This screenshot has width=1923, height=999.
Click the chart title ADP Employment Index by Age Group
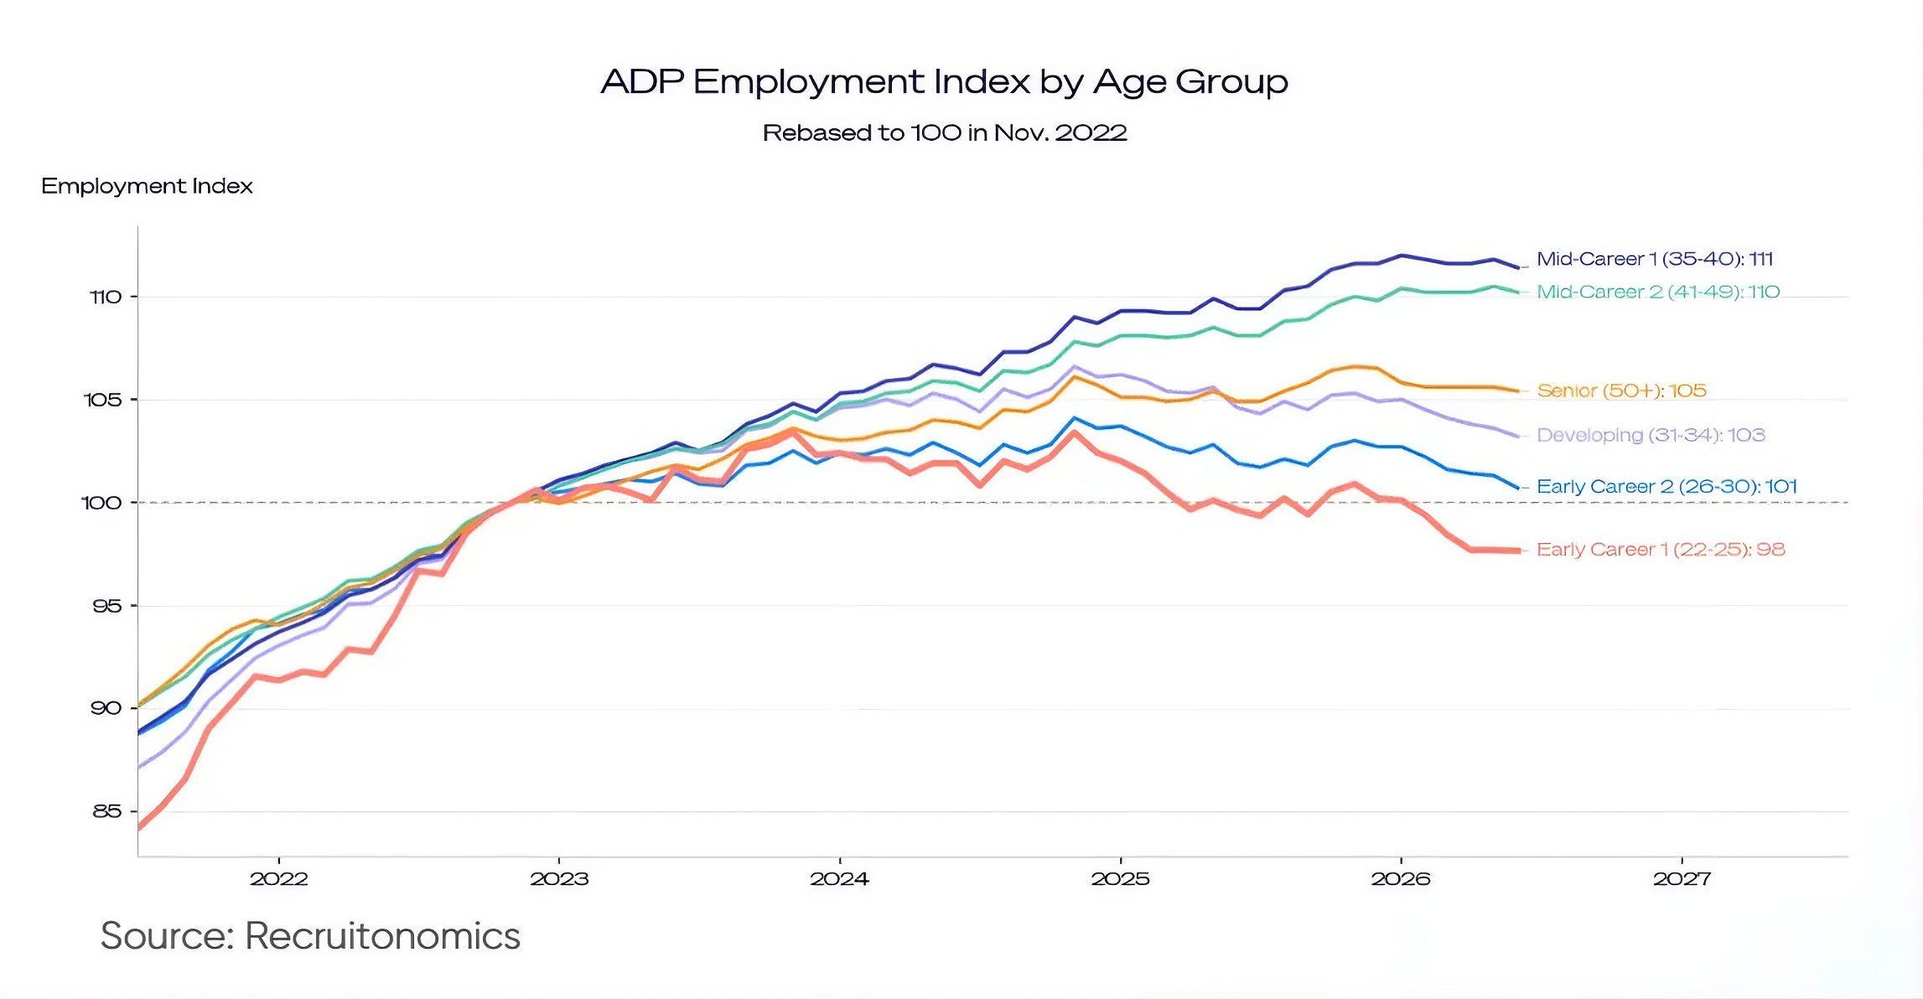point(945,82)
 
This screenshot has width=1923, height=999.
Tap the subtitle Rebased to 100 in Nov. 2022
point(945,132)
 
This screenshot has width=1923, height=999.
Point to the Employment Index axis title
point(147,186)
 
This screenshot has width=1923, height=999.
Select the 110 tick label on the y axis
point(106,297)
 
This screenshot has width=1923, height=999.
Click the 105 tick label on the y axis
point(103,400)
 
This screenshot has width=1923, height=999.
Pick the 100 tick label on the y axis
point(101,503)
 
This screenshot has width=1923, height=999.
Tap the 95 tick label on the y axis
point(107,606)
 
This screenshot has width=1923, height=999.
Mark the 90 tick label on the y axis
point(106,708)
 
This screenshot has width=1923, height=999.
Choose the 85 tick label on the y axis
point(107,811)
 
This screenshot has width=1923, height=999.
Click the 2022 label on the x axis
point(279,879)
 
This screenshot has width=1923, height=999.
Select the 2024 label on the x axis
point(840,879)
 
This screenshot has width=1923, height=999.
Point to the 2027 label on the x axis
point(1682,879)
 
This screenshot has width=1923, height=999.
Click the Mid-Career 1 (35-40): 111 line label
point(1655,259)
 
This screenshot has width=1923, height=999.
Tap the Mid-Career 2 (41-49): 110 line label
point(1658,292)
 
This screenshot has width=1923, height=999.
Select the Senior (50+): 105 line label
point(1622,391)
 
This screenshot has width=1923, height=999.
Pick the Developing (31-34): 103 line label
point(1651,435)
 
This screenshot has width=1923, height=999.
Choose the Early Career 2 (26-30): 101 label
point(1667,486)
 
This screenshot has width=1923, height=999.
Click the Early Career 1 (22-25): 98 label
point(1661,550)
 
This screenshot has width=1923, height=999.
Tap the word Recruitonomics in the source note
point(382,936)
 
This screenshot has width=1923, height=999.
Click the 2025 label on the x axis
point(1121,879)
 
